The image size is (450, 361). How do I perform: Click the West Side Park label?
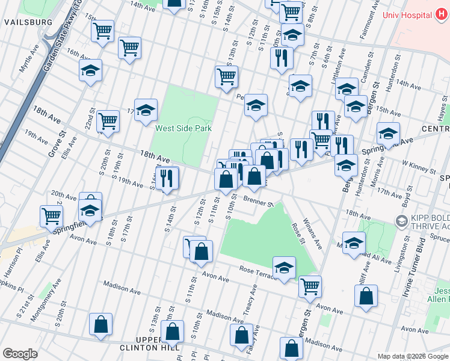pos(183,128)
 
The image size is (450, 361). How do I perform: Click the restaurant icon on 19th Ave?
pos(167,177)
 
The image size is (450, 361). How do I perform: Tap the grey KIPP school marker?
pos(400,221)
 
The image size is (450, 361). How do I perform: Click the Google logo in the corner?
pos(20,354)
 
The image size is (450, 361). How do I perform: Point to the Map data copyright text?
pos(413,356)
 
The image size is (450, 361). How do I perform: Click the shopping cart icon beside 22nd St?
pos(108,121)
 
